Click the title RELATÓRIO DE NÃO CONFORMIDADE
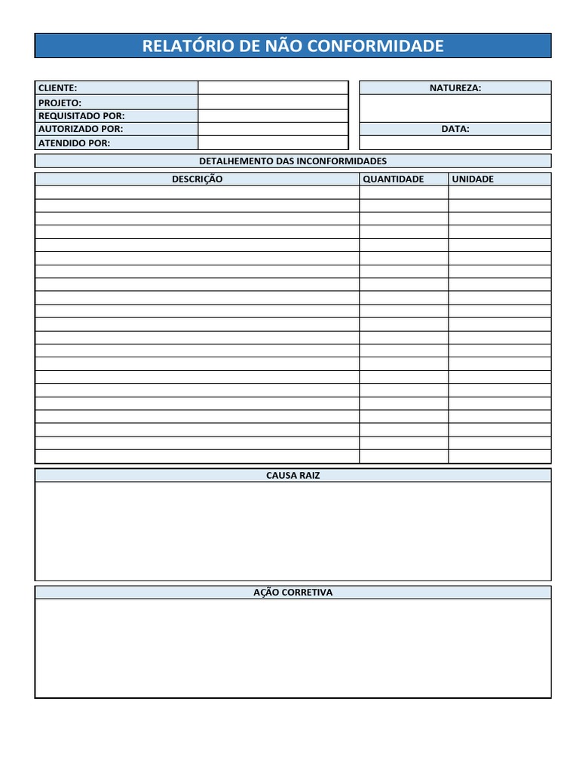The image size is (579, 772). coord(293,46)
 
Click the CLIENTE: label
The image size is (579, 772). coord(58,88)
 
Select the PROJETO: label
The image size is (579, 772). coord(60,103)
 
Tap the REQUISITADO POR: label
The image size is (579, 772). coord(81,116)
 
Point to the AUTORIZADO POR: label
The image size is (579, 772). coord(81,129)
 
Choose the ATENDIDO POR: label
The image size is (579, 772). coord(74,143)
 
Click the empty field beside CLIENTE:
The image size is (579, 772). coord(273,88)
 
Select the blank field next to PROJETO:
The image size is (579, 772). coord(273,103)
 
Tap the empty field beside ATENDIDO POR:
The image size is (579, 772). coord(273,143)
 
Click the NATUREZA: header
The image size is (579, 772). coord(455,88)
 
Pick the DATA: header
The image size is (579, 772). coord(455,129)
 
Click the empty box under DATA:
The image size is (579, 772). coord(455,142)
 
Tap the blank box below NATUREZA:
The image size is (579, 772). coord(455,108)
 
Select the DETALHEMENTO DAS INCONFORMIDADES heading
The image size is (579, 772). coord(293,161)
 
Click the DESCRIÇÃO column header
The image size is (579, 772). coord(197,179)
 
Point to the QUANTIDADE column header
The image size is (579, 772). coord(394,179)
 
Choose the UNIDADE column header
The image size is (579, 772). coord(473,179)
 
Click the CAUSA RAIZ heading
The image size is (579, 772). coord(293,476)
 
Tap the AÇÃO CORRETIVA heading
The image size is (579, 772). coord(293,593)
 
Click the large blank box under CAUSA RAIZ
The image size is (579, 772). coord(293,531)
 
